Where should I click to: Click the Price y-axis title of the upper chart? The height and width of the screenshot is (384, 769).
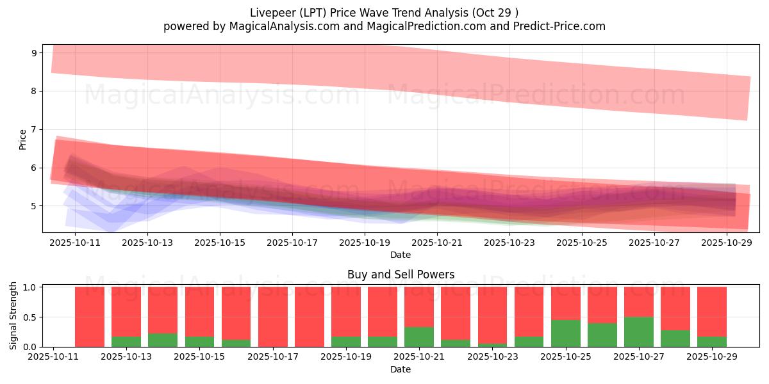[23, 139]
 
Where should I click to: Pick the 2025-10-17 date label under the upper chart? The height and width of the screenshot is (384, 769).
[292, 243]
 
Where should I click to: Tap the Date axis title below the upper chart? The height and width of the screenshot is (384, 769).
[401, 255]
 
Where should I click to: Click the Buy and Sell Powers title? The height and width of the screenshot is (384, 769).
[401, 275]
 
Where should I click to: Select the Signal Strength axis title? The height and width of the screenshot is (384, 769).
[13, 316]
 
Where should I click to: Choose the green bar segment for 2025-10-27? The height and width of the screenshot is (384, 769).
[639, 332]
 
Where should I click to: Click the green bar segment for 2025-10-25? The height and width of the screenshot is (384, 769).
[566, 333]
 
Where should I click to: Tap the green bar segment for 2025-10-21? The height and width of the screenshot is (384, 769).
[419, 337]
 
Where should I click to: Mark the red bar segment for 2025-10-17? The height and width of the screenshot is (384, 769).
[272, 316]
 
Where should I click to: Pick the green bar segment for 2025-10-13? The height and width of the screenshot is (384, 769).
[126, 342]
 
